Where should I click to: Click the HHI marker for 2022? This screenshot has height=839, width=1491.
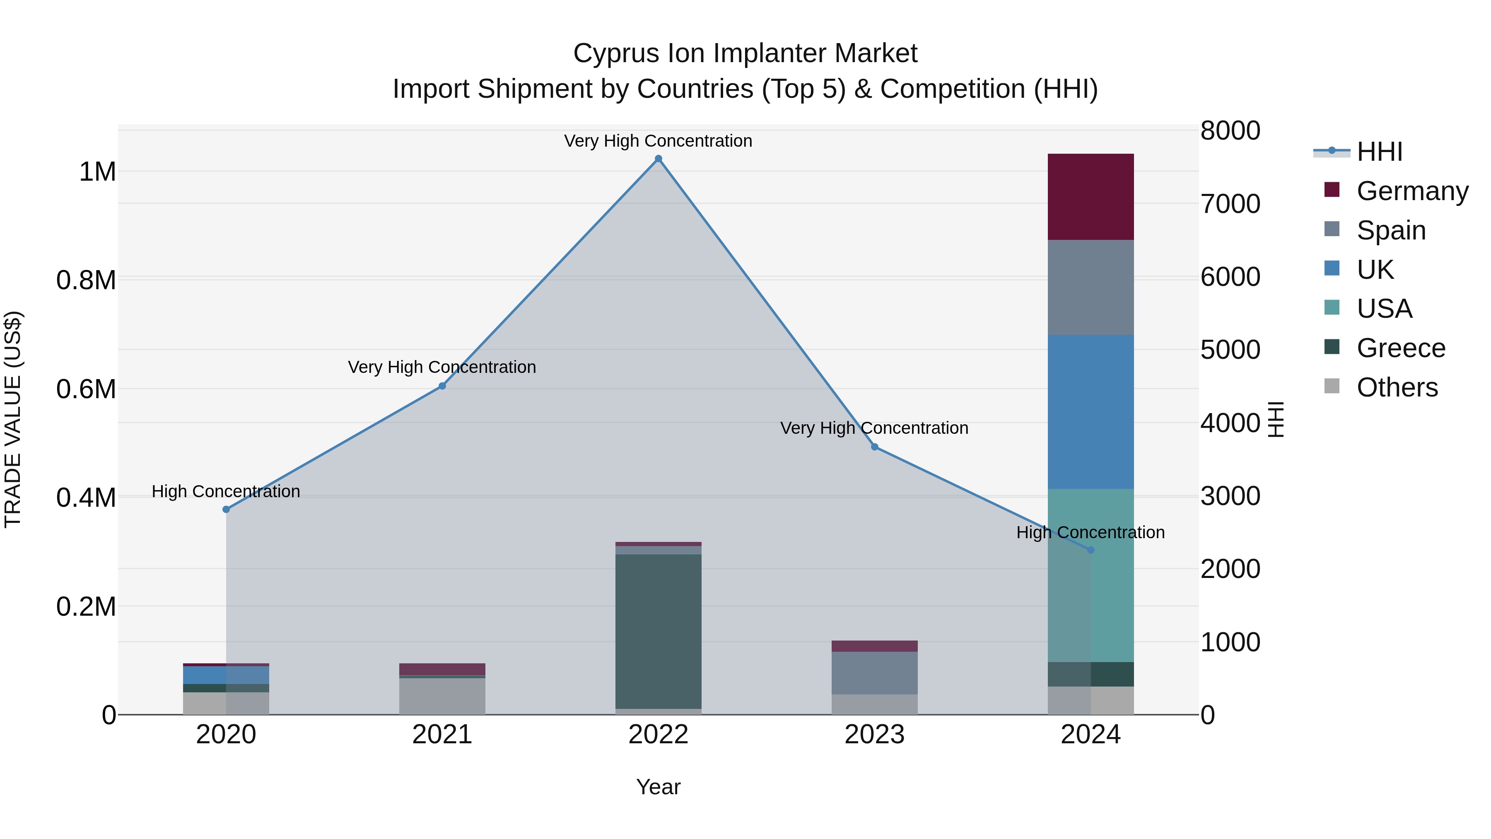tap(658, 159)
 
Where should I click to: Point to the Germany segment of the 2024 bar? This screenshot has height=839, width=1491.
tap(1091, 197)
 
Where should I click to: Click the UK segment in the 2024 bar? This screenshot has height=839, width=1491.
tap(1091, 412)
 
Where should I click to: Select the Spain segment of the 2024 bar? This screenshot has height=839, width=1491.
tap(1091, 287)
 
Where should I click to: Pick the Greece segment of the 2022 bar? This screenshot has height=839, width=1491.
tap(658, 631)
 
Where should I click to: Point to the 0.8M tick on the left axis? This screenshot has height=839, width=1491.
tap(86, 280)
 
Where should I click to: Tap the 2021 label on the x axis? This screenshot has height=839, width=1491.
tap(442, 735)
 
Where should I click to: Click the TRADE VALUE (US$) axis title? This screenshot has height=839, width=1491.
tap(13, 419)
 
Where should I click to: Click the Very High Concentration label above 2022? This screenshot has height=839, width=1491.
tap(658, 141)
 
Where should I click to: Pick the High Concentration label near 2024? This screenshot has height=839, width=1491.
tap(1091, 532)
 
